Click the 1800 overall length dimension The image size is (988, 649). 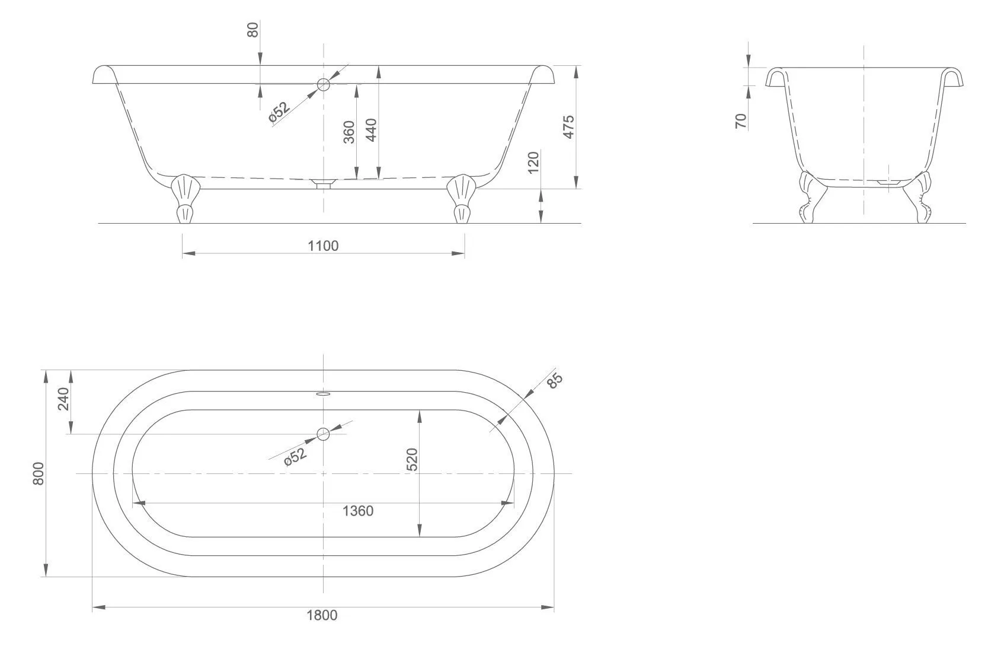click(x=322, y=615)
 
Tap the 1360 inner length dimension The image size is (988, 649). click(x=358, y=511)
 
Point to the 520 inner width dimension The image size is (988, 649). click(x=413, y=459)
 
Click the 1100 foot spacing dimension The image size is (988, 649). click(x=323, y=246)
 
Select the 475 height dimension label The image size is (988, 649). click(x=568, y=127)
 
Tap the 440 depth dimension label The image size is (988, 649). click(x=372, y=130)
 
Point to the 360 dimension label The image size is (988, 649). click(x=349, y=132)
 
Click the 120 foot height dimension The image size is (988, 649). click(x=533, y=163)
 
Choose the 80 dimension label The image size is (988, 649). click(x=253, y=30)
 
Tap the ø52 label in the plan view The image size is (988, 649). click(x=295, y=457)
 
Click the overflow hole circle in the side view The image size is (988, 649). click(x=324, y=84)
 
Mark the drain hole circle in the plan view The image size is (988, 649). click(x=323, y=434)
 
